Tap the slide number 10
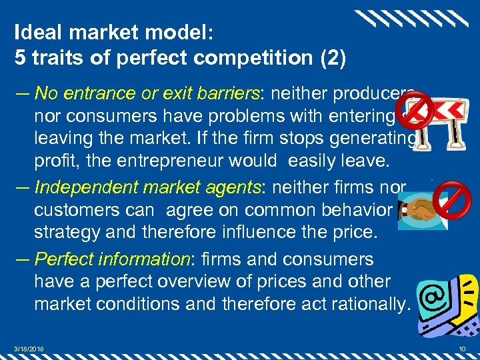point(462,349)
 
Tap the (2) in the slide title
point(333,57)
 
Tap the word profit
point(52,161)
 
